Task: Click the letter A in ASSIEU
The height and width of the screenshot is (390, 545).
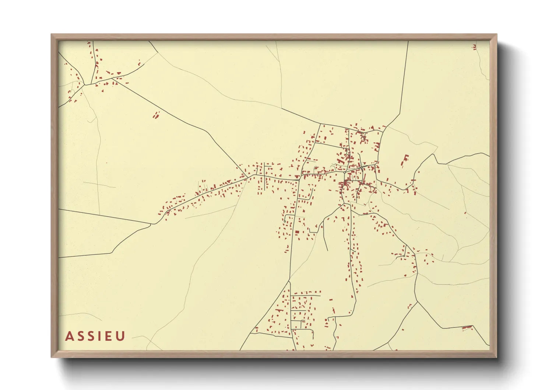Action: (x=69, y=336)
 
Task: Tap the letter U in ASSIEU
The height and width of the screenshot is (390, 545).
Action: (x=121, y=336)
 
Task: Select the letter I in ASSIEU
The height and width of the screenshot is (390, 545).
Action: (x=99, y=336)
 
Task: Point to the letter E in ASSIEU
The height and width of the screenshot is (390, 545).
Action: (x=109, y=336)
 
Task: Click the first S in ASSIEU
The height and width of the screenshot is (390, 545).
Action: (x=80, y=336)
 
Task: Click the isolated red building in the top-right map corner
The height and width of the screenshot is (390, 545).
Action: (x=474, y=47)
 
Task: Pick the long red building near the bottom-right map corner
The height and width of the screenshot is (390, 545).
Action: (x=467, y=327)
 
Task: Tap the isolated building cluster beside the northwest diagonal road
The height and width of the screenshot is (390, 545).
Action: (x=157, y=115)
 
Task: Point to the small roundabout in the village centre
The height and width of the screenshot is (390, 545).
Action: (x=344, y=172)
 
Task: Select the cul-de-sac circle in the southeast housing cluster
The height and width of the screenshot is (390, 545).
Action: (x=404, y=255)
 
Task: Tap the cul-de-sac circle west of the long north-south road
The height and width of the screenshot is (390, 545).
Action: (x=285, y=221)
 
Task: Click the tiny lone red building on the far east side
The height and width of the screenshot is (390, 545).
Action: (x=465, y=213)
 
